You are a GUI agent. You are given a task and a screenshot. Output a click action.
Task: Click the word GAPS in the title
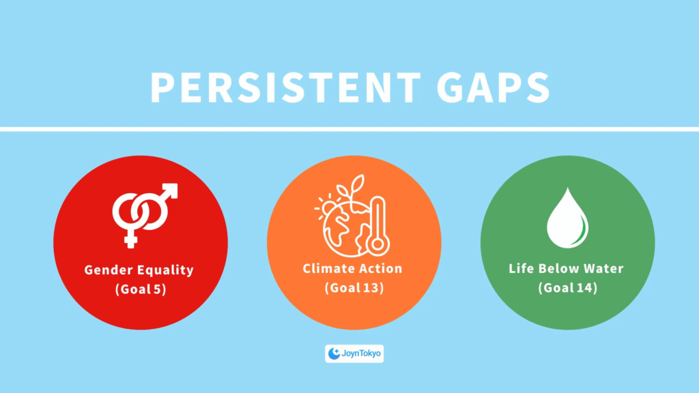click(493, 87)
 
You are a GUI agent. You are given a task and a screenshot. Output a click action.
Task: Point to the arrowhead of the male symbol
click(170, 190)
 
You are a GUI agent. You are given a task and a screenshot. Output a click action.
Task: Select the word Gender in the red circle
click(109, 270)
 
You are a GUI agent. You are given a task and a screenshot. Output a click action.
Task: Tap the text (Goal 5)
click(141, 289)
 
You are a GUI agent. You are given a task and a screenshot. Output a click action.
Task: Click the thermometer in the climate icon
click(377, 226)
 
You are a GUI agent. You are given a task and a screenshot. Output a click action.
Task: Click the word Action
click(380, 268)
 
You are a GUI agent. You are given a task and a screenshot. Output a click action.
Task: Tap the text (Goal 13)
click(354, 288)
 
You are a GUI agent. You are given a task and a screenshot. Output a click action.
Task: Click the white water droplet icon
click(567, 218)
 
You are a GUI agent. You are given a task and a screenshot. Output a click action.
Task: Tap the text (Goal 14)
click(567, 288)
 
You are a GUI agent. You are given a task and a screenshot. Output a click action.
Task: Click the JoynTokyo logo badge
click(354, 354)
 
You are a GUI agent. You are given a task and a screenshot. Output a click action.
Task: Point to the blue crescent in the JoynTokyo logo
click(333, 354)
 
